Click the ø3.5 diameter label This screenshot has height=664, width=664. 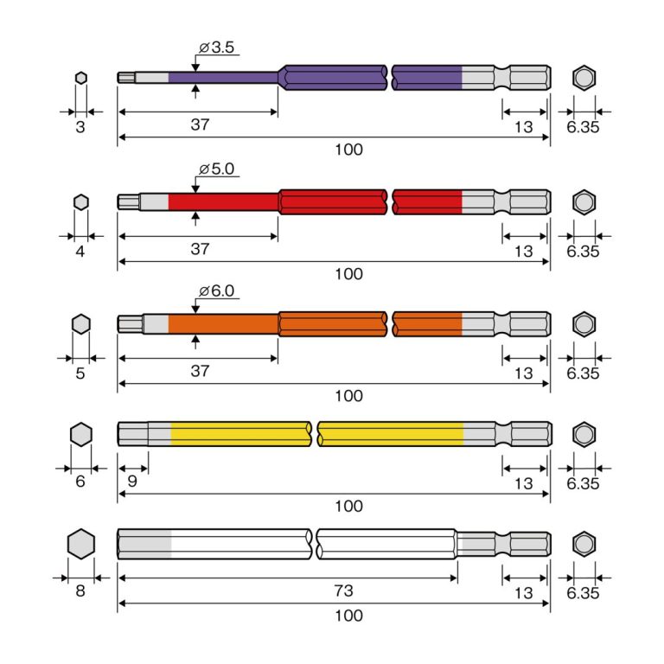[217, 48]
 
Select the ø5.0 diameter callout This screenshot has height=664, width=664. [216, 169]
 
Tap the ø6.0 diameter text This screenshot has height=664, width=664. [216, 291]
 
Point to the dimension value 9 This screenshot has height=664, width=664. [132, 481]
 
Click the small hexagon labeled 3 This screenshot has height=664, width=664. [80, 78]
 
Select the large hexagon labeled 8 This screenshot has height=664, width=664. [80, 545]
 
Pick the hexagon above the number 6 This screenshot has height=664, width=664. [80, 434]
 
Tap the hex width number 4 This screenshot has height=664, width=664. [80, 251]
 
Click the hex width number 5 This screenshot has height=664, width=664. [80, 373]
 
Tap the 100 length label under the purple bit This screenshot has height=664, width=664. [348, 150]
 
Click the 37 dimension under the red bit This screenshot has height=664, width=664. [200, 249]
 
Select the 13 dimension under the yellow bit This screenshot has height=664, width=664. [523, 484]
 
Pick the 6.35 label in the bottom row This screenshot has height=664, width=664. [584, 593]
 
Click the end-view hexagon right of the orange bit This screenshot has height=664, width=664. [584, 324]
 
